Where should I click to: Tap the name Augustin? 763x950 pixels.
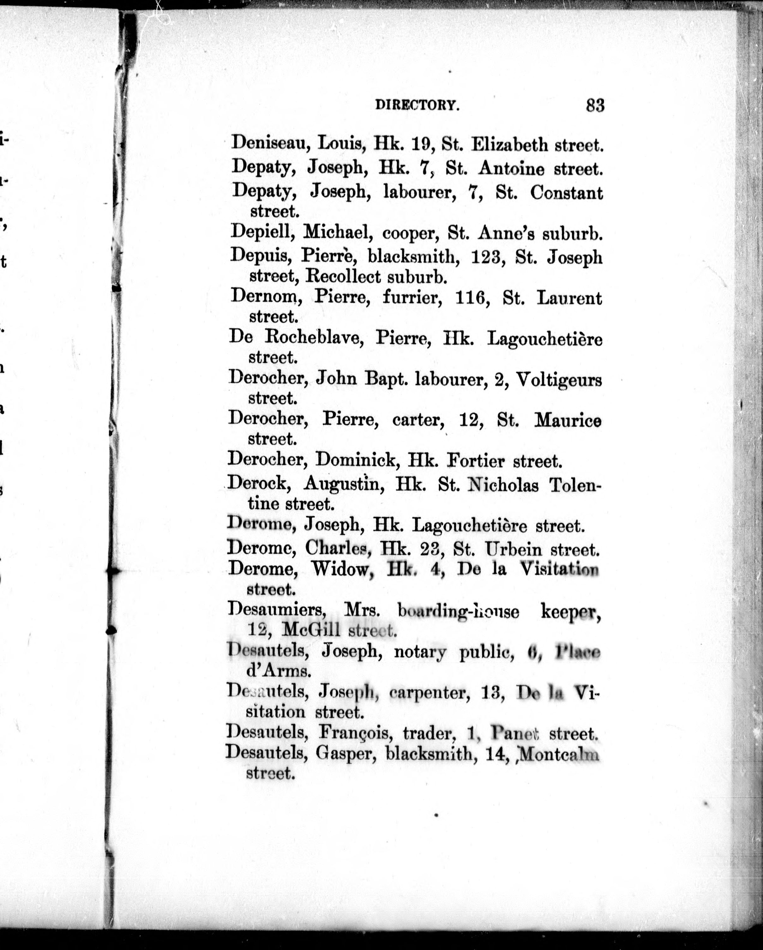click(341, 485)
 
